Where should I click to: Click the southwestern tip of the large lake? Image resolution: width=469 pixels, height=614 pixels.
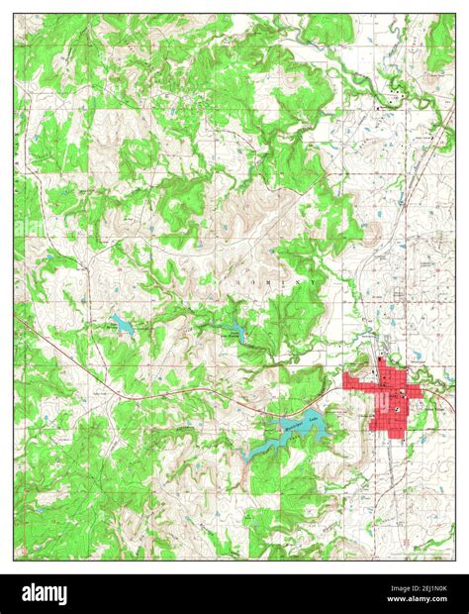pyautogui.click(x=247, y=457)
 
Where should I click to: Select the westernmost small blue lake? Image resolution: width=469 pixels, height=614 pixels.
pyautogui.click(x=120, y=322)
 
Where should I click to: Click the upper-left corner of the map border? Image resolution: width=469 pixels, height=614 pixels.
pyautogui.click(x=14, y=14)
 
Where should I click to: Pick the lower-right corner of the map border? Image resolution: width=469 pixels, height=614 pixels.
pyautogui.click(x=455, y=560)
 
